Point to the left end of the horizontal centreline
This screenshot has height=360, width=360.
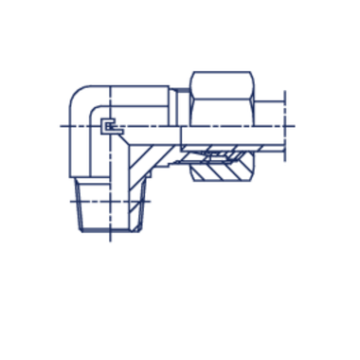point(59,126)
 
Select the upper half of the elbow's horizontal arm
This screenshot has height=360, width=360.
point(142,104)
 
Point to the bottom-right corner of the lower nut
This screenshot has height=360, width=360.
point(142,235)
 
